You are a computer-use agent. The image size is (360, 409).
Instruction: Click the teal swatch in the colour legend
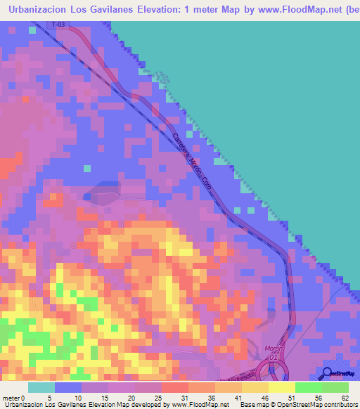[x=41, y=387]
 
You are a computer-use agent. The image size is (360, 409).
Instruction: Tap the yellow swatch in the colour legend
[x=281, y=387]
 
